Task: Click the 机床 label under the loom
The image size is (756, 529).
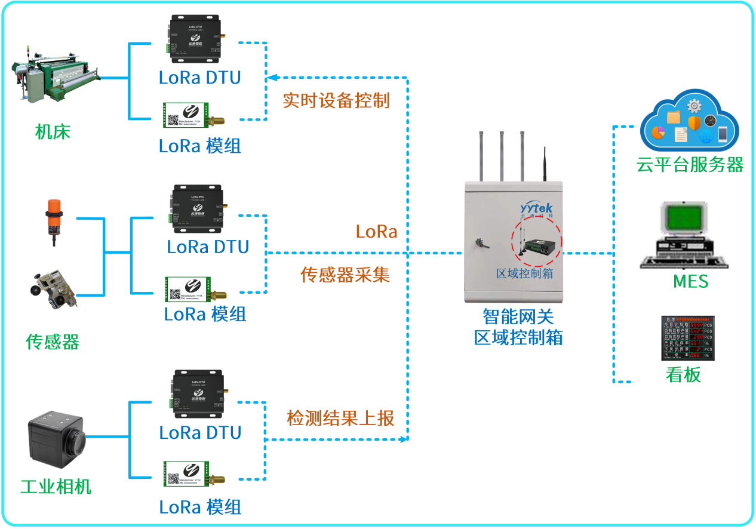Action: coord(53,131)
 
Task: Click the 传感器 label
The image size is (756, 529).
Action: coord(53,342)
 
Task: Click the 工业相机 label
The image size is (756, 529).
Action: coord(56,486)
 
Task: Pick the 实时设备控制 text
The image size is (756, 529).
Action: coord(336,100)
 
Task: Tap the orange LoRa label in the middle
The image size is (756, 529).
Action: coord(377,232)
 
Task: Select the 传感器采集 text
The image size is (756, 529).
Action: coord(345,275)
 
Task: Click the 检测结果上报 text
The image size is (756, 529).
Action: coord(341,418)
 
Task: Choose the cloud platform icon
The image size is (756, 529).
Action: coord(689,122)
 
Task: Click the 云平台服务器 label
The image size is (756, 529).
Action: coord(690,165)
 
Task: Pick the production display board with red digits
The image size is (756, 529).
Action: coord(687,338)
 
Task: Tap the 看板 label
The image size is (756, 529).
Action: coord(683,375)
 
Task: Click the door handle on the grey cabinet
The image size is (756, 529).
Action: coord(479,243)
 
